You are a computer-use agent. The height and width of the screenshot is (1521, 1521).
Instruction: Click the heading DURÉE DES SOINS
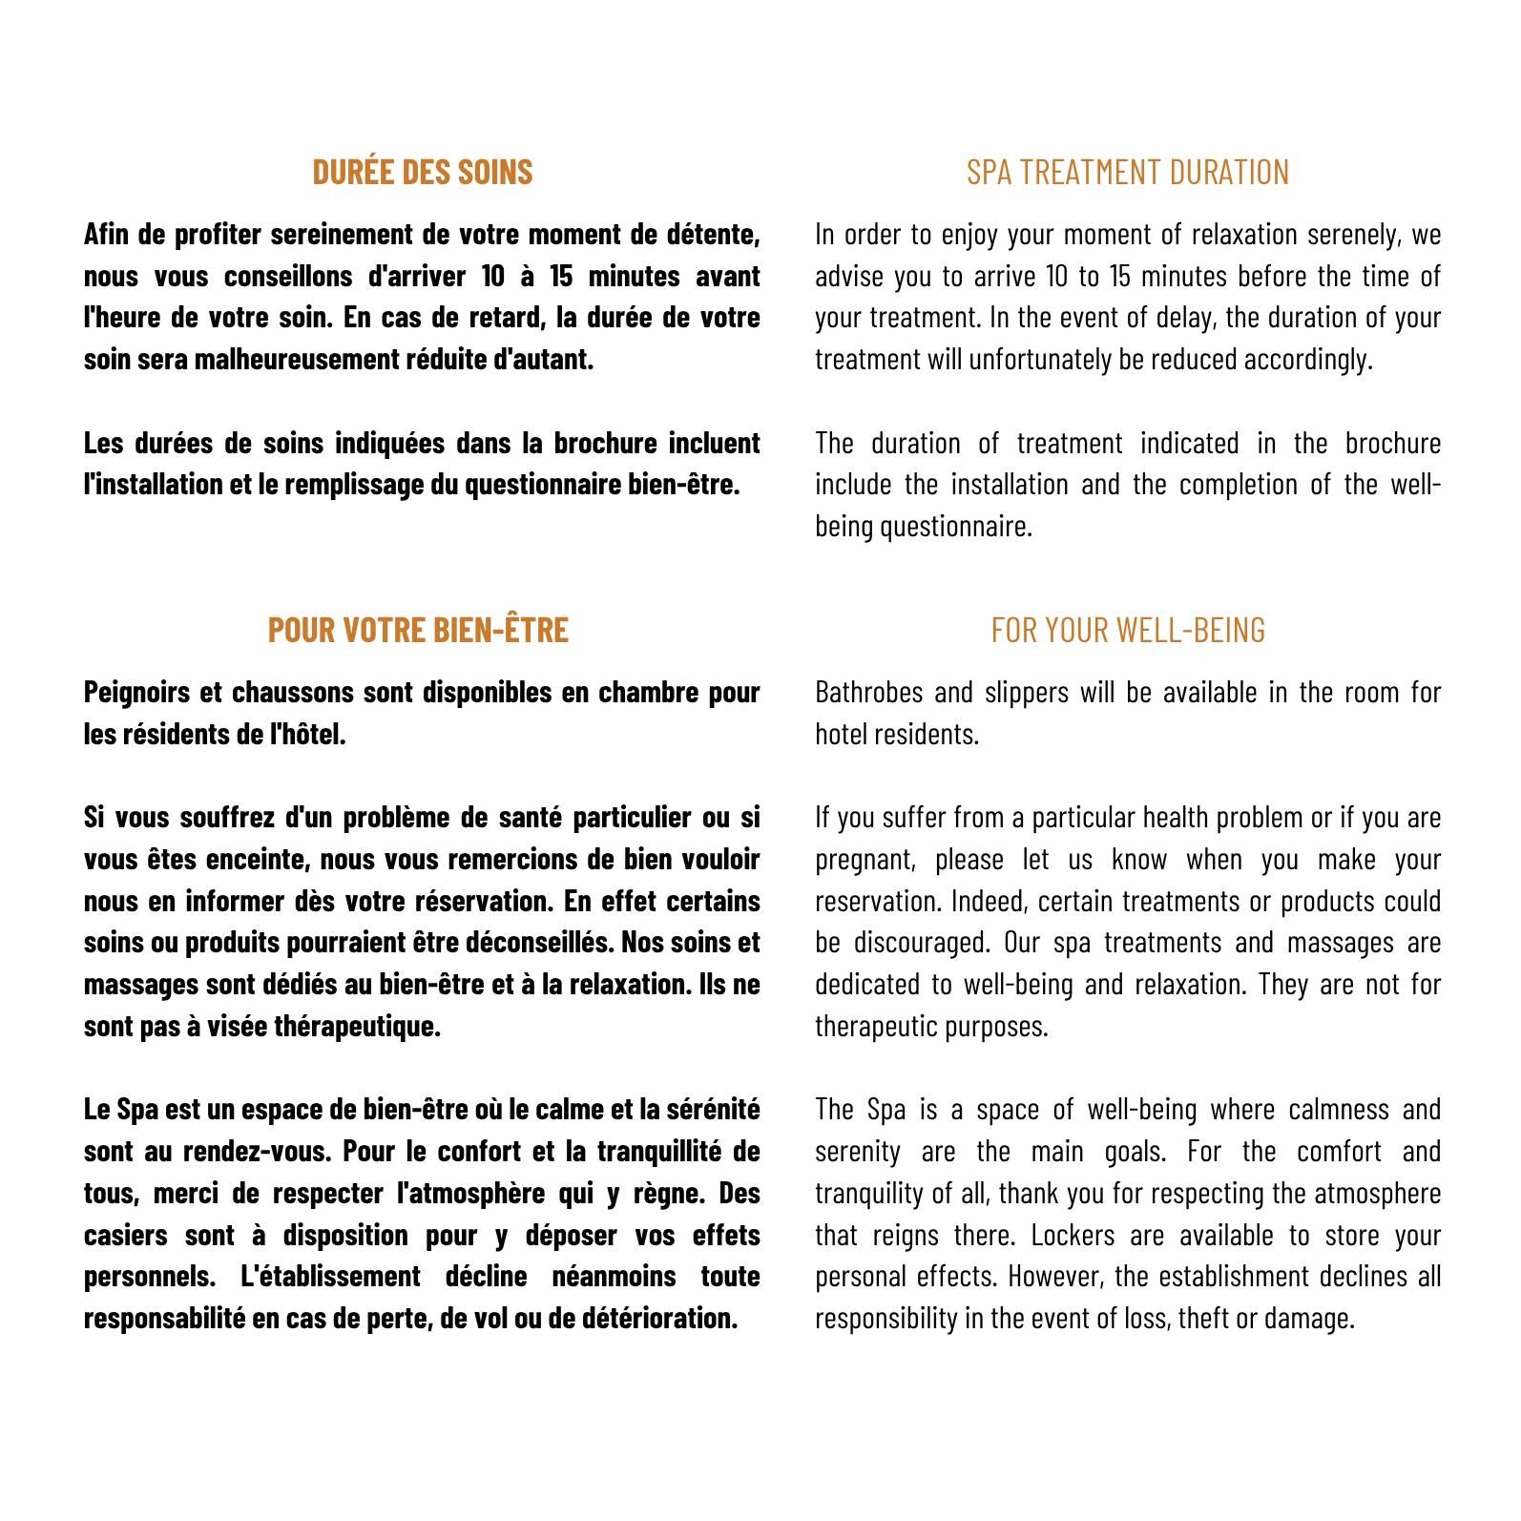click(x=423, y=172)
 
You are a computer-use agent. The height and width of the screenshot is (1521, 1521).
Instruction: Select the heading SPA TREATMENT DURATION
click(x=1128, y=172)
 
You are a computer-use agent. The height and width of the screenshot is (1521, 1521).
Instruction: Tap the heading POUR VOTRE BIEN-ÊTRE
click(x=418, y=630)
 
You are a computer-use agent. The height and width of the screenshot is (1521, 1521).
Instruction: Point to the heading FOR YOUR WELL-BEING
click(x=1128, y=630)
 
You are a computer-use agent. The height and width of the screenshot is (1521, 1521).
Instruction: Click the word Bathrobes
click(x=868, y=692)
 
